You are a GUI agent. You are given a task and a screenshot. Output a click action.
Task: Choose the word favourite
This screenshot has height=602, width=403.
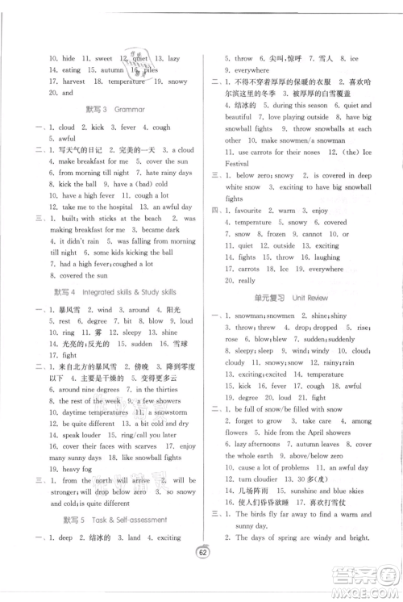pos(246,211)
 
